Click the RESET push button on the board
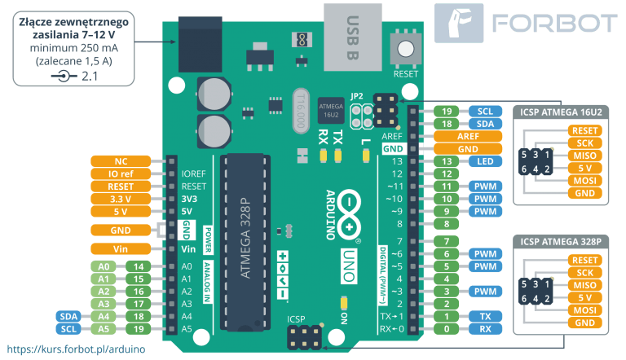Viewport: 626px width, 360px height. (405, 47)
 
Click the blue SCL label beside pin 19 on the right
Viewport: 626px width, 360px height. (485, 112)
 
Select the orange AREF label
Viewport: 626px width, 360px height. (467, 137)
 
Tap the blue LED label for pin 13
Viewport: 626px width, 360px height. (485, 161)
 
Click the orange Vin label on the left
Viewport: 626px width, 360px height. (120, 248)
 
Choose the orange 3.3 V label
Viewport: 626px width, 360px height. (120, 199)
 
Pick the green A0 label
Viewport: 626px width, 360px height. (104, 266)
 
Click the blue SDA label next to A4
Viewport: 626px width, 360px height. (68, 316)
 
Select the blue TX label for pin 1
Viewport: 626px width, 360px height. (485, 316)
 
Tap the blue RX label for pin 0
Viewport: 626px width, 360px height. (485, 329)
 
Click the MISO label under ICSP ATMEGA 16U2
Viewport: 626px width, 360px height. (584, 156)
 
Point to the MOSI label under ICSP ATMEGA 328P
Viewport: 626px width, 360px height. (584, 310)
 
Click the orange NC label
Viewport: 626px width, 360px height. (120, 161)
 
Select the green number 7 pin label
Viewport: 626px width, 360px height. (447, 241)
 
